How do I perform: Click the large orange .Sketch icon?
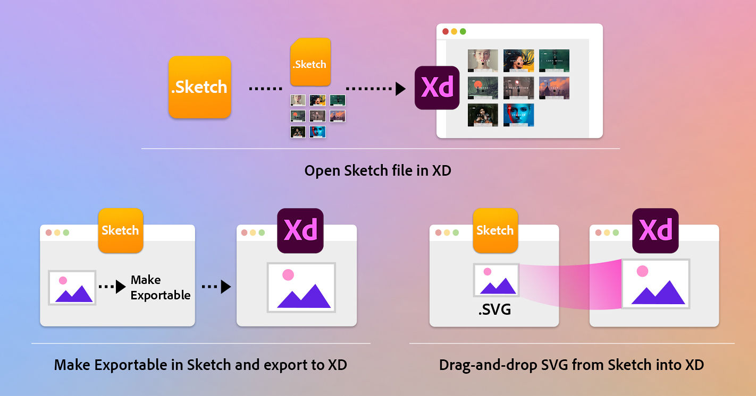point(199,87)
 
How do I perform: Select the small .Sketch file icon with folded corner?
point(309,62)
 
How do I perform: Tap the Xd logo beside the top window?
point(436,88)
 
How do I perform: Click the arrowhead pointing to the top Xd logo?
point(400,88)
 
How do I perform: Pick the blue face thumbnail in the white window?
point(518,115)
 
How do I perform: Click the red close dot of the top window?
point(446,32)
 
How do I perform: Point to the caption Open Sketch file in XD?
point(377,171)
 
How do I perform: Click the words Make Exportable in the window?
point(160,287)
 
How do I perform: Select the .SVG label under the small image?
point(494,309)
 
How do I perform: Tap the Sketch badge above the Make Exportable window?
point(120,230)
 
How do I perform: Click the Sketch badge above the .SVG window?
point(495,230)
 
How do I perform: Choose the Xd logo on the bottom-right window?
point(655,230)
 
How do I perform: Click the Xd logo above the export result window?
point(300,230)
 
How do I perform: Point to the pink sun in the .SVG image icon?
point(487,272)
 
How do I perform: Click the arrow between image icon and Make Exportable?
point(112,287)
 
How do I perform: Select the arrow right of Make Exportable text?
point(216,287)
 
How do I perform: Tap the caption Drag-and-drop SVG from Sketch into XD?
point(572,365)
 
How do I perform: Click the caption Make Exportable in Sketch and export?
point(200,365)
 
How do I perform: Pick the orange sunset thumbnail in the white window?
point(554,88)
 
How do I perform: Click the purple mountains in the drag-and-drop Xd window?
point(658,294)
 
